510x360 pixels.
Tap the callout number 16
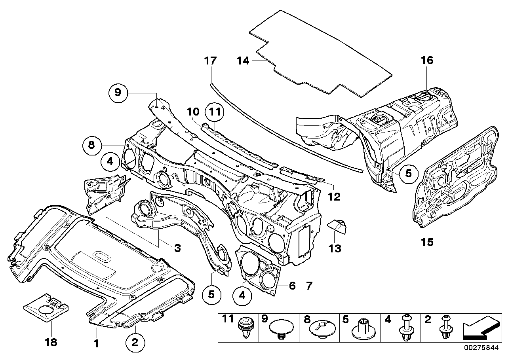pyautogui.click(x=427, y=61)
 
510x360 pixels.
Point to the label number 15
pyautogui.click(x=427, y=241)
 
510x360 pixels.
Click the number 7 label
pyautogui.click(x=309, y=285)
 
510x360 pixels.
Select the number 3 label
pyautogui.click(x=177, y=248)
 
